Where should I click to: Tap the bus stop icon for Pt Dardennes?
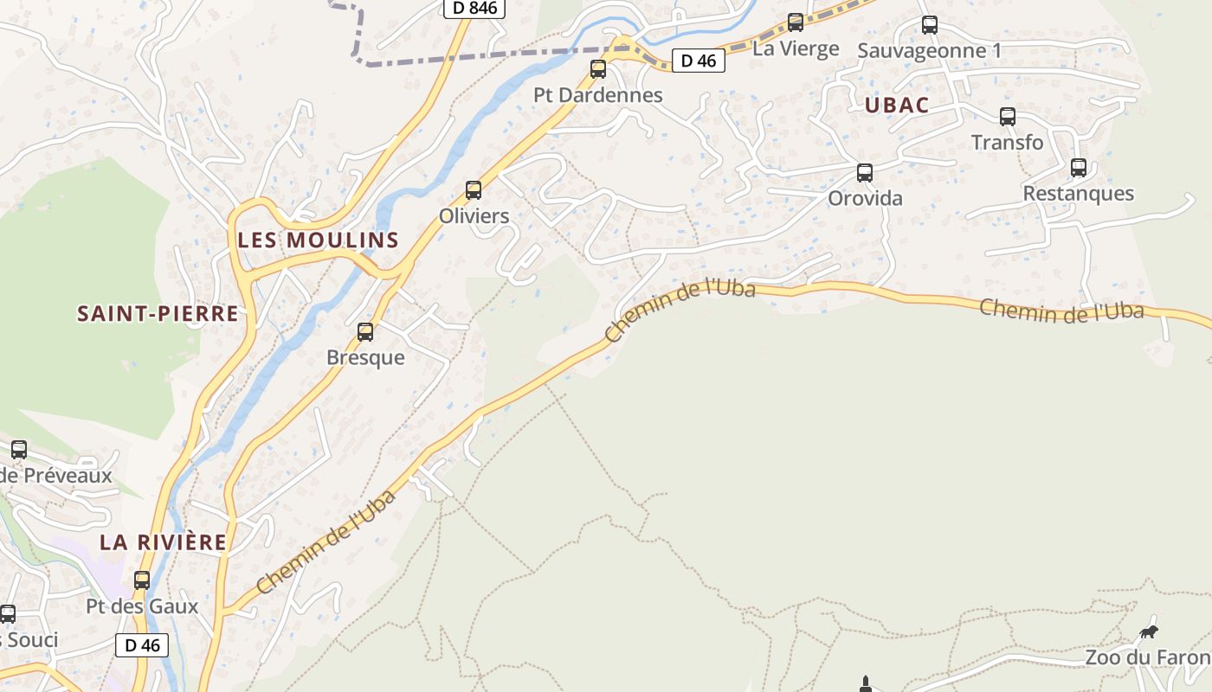tap(598, 69)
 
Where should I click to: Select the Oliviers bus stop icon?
tap(474, 190)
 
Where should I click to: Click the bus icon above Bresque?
tap(365, 332)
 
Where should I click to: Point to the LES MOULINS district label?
tap(318, 240)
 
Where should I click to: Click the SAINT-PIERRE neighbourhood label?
tap(158, 313)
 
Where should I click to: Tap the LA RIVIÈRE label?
tap(163, 542)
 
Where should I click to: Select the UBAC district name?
tap(896, 105)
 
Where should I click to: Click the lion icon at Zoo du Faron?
tap(1148, 632)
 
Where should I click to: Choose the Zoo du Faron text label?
tap(1147, 657)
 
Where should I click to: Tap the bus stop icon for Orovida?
tap(865, 173)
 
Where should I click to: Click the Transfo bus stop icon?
tap(1008, 117)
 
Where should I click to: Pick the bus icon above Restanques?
tap(1079, 168)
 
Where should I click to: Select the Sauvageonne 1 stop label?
tap(929, 50)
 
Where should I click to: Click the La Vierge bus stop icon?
tap(796, 23)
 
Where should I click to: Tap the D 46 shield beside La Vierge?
tap(699, 61)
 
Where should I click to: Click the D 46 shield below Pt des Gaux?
tap(142, 644)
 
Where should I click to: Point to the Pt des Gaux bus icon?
tap(142, 580)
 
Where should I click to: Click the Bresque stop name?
tap(365, 357)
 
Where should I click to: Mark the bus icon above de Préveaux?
tap(19, 450)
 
